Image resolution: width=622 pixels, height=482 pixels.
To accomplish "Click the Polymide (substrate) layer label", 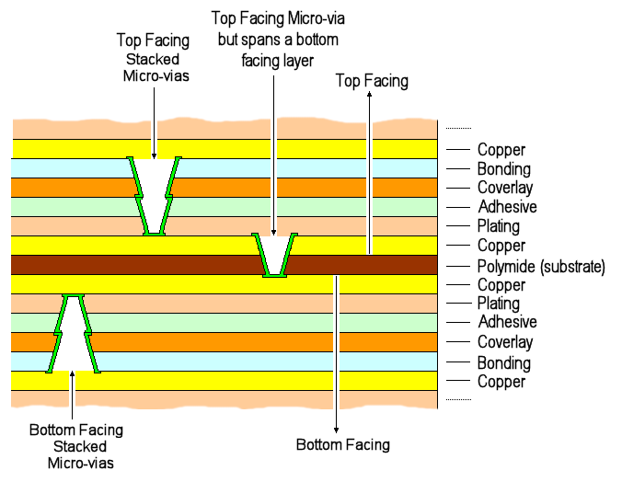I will (541, 267).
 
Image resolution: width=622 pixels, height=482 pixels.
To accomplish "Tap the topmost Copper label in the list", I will (501, 150).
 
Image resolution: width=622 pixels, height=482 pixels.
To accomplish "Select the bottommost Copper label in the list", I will (501, 382).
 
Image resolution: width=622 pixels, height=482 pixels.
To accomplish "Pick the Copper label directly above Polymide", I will (501, 246).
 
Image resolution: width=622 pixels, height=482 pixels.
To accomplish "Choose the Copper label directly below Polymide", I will (501, 285).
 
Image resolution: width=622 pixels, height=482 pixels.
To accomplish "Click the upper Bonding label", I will (503, 169).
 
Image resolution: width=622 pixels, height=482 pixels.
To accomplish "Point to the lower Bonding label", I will (503, 363).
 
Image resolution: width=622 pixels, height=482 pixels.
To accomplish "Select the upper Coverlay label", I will (505, 188).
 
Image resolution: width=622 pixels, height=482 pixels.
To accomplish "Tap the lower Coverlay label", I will (505, 342).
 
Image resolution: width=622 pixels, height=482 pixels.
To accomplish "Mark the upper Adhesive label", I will (507, 207).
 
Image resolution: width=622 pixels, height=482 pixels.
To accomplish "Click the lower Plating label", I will (498, 304).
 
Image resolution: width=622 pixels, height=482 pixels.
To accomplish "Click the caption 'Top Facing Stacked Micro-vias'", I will (155, 58).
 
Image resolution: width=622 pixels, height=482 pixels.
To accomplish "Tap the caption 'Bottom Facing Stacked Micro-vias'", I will (75, 446).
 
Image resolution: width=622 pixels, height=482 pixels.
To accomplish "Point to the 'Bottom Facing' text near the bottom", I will (342, 445).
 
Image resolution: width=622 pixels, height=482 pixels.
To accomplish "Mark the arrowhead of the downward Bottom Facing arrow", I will (338, 429).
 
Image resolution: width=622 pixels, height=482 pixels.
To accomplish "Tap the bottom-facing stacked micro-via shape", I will (73, 333).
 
